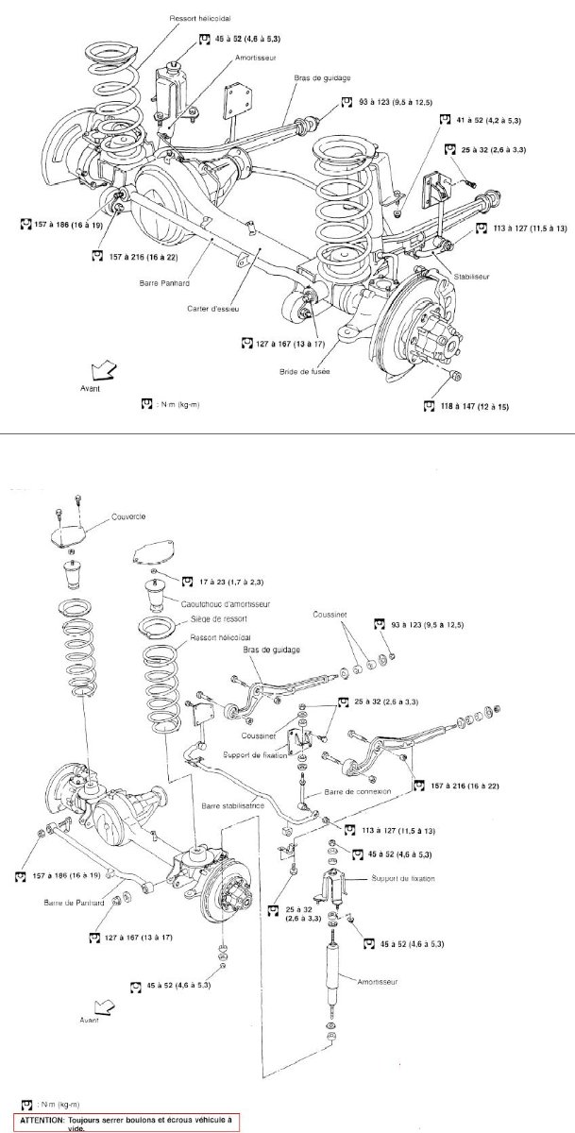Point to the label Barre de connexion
(x=353, y=791)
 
